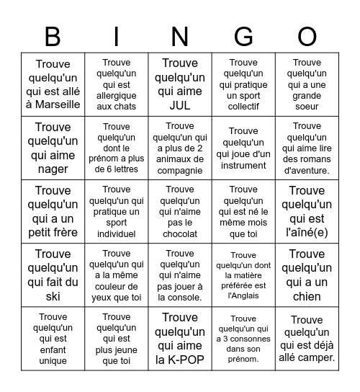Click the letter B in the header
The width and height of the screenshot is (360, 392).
click(x=53, y=36)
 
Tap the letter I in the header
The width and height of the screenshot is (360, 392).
click(x=117, y=36)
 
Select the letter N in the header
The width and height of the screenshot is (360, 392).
click(x=180, y=36)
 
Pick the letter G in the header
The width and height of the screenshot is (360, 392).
click(x=243, y=36)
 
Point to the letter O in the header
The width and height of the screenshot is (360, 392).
click(x=307, y=36)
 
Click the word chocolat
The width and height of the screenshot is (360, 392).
click(x=180, y=233)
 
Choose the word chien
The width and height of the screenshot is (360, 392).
click(x=307, y=297)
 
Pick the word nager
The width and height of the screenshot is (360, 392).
click(x=53, y=169)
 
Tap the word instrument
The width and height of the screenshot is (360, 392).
click(x=243, y=165)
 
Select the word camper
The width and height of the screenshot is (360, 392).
click(x=317, y=357)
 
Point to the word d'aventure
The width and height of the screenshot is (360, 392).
click(x=307, y=170)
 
